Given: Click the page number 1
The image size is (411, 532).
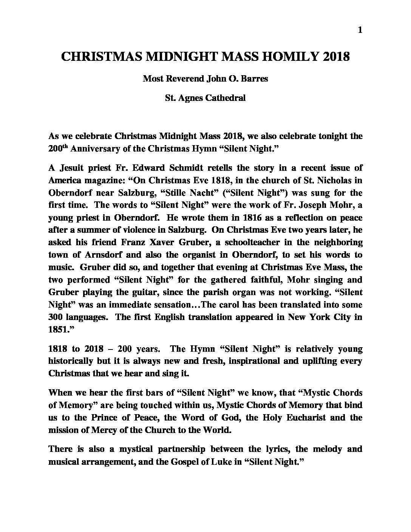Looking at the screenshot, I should [360, 30].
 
